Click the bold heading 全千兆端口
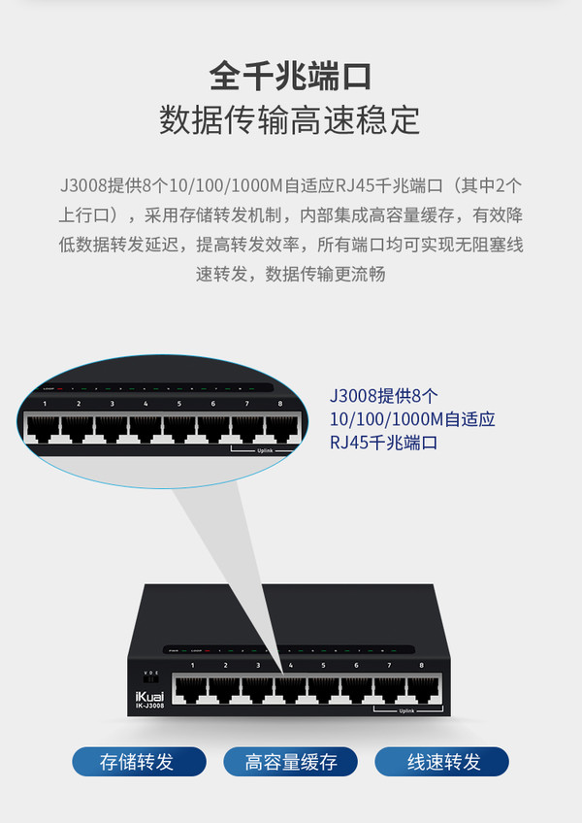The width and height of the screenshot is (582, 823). (290, 77)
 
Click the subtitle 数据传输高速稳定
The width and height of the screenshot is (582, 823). (290, 120)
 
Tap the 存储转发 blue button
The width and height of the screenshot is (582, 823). (139, 762)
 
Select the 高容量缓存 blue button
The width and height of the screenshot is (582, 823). (291, 762)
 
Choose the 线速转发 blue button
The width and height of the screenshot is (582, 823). (442, 762)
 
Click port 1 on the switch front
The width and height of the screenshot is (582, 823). (192, 688)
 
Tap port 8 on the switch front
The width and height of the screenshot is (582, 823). (421, 688)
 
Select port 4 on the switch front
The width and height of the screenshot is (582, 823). (290, 688)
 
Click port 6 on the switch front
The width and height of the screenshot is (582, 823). (356, 688)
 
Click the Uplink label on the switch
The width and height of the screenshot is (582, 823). (407, 710)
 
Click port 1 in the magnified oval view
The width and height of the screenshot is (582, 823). (44, 426)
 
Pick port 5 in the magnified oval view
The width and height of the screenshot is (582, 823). (179, 426)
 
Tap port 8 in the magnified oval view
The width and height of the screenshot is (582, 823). (280, 426)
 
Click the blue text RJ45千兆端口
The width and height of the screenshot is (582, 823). (384, 443)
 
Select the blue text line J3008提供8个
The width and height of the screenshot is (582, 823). (384, 396)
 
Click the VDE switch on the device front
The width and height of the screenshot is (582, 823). (150, 679)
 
